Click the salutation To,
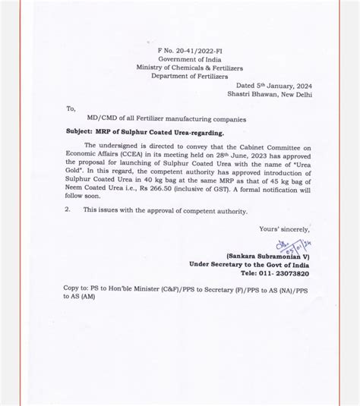(x=71, y=109)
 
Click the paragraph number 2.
(x=67, y=209)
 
